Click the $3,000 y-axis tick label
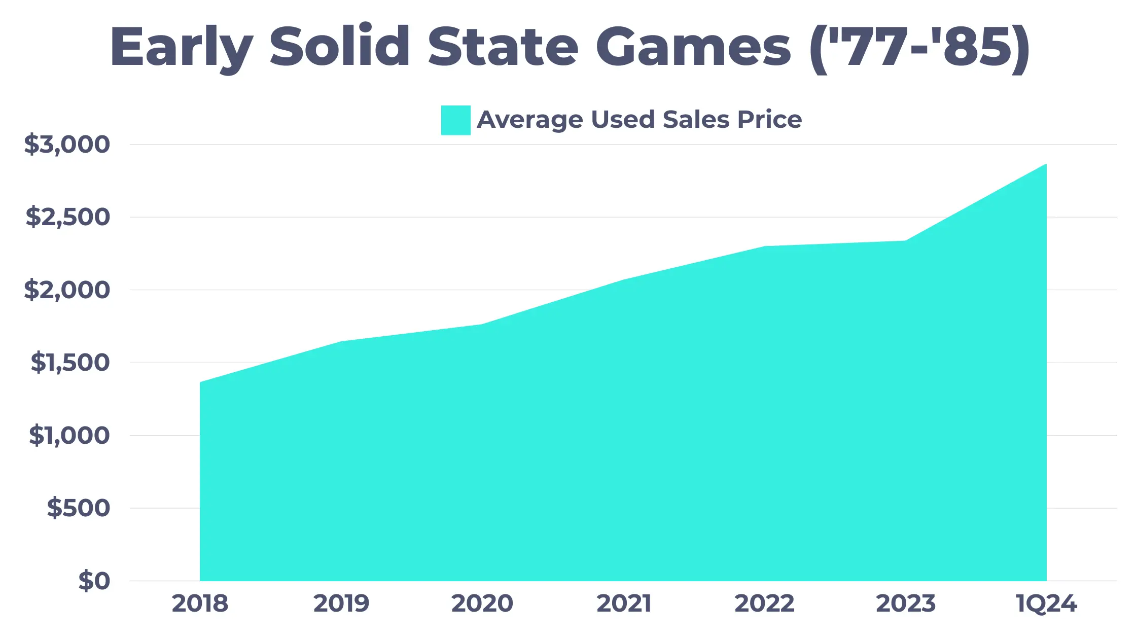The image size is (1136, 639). (x=67, y=145)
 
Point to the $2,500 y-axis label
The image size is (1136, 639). (x=68, y=217)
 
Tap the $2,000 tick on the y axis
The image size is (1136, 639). (x=67, y=290)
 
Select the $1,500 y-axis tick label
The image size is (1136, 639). (x=70, y=363)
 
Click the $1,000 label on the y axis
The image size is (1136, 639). (x=69, y=436)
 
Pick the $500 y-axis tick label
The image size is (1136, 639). (x=78, y=508)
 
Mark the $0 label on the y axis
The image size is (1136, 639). (x=94, y=581)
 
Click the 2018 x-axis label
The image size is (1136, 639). (x=200, y=603)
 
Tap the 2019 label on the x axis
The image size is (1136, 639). (x=341, y=603)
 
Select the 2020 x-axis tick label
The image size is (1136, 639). (x=482, y=603)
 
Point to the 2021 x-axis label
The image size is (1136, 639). (x=623, y=603)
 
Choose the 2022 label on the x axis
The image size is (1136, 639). (x=764, y=603)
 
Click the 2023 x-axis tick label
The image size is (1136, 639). (x=905, y=603)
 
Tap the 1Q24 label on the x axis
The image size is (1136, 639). (x=1046, y=603)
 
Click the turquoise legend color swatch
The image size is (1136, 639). (x=455, y=120)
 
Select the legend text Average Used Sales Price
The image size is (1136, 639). (x=639, y=120)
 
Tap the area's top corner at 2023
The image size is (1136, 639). (x=905, y=241)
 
